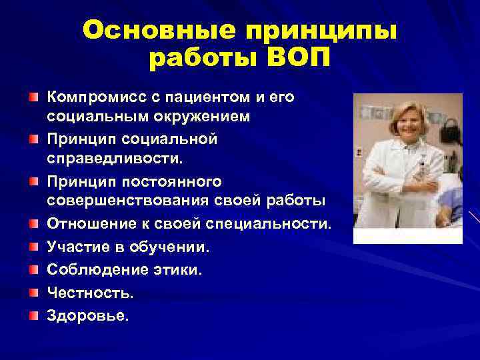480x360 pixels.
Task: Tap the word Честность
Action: tap(89, 292)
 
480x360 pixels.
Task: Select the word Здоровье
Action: tap(87, 315)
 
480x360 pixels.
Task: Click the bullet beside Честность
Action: tap(33, 292)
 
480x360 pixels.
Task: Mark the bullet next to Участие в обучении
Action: tap(33, 247)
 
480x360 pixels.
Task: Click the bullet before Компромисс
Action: tap(33, 97)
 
